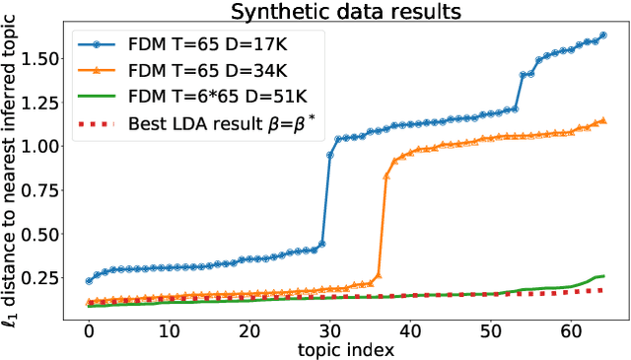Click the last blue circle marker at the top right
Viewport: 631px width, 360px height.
pyautogui.click(x=603, y=36)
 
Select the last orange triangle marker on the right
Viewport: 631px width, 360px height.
pyautogui.click(x=603, y=121)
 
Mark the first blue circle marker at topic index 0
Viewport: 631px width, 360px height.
pyautogui.click(x=89, y=281)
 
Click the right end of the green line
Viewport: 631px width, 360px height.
pyautogui.click(x=603, y=276)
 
